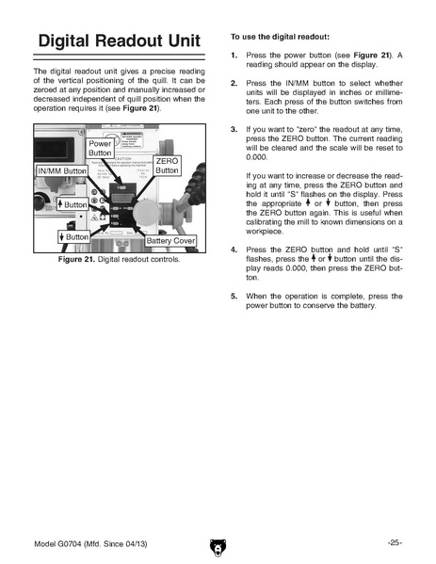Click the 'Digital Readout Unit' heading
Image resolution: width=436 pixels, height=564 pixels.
tap(119, 40)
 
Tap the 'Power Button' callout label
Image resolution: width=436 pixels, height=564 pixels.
tap(100, 148)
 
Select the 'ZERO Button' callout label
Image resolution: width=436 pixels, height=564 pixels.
tap(167, 166)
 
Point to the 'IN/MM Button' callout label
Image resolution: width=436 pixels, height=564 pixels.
tap(62, 170)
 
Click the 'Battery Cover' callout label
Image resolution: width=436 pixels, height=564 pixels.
tap(170, 241)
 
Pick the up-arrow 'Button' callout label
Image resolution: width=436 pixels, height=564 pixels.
tap(73, 204)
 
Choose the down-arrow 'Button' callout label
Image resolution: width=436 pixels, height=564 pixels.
tap(73, 236)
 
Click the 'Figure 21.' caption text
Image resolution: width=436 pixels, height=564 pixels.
tap(76, 259)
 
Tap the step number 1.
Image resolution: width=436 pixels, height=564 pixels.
tap(234, 56)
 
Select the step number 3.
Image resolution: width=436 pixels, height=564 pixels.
tap(234, 130)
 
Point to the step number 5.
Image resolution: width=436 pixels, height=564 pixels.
tap(234, 297)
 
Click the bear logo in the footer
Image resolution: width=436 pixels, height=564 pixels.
tap(218, 547)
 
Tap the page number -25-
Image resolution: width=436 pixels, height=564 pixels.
tap(395, 542)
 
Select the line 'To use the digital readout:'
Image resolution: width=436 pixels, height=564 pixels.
tap(281, 37)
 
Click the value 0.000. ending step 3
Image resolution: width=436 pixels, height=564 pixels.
tap(257, 157)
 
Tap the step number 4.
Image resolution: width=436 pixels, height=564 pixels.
tap(234, 250)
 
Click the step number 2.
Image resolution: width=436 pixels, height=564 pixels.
tap(234, 84)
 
